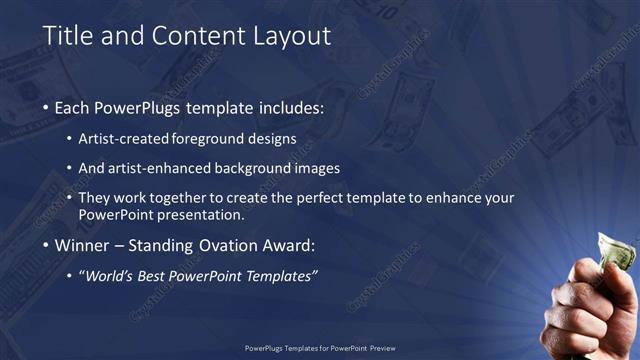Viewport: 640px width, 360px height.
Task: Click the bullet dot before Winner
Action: (47, 247)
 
